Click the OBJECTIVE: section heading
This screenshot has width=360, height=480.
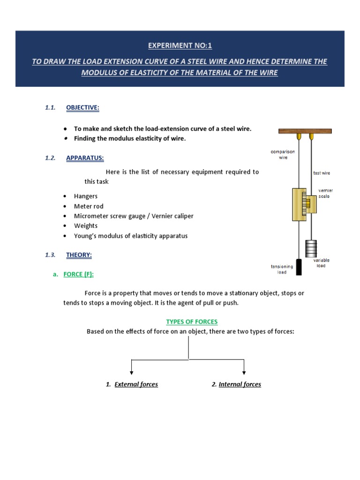82,107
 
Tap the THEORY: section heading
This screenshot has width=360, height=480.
79,255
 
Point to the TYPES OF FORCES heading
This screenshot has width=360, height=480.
192,322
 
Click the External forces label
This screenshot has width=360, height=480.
136,384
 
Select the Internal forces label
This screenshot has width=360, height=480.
240,384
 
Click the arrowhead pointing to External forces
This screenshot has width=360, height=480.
132,372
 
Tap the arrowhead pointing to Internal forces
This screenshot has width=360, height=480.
244,372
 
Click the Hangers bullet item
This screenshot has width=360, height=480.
86,196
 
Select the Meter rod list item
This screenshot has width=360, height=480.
89,206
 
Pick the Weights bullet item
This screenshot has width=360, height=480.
86,226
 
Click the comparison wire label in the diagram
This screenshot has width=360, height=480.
282,155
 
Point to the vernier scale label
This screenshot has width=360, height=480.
325,193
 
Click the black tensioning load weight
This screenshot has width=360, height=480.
299,266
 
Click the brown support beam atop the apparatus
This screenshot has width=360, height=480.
305,131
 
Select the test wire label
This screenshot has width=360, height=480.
322,173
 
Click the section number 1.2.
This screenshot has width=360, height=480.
50,158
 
